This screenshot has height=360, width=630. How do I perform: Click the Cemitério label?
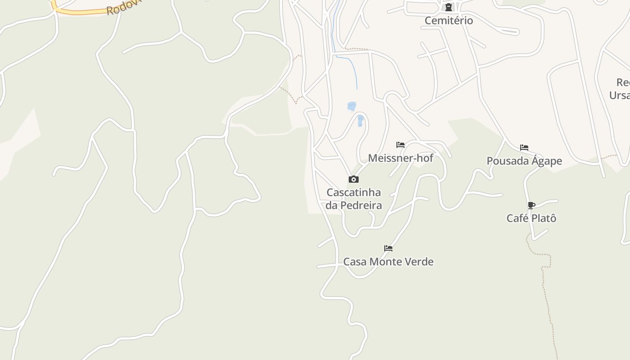point(449,21)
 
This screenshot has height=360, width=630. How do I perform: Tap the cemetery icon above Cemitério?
point(449,7)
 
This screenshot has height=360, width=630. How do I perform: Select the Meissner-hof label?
point(400,158)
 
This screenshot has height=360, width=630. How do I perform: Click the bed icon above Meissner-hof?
point(400,145)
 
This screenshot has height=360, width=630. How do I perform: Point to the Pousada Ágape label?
point(524,161)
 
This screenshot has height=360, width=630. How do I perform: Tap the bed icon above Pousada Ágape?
point(524,148)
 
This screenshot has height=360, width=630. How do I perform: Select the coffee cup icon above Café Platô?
point(531,206)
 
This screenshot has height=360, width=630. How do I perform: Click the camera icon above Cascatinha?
point(354,180)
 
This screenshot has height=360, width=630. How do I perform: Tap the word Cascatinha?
point(354,193)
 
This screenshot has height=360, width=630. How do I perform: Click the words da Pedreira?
point(354,206)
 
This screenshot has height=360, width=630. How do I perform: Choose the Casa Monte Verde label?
point(388,262)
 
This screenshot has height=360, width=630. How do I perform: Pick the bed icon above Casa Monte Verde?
point(388,248)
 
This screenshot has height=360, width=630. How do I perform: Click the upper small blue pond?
point(352,106)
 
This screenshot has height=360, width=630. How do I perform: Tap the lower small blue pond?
point(360,120)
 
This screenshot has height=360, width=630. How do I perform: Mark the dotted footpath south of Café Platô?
point(546,288)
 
